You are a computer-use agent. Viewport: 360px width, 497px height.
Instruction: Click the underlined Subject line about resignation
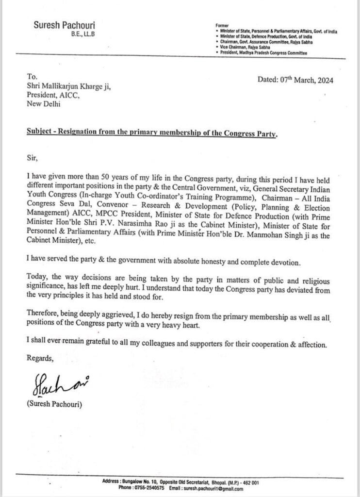click(x=151, y=134)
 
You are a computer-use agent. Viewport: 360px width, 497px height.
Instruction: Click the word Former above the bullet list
click(x=221, y=24)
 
